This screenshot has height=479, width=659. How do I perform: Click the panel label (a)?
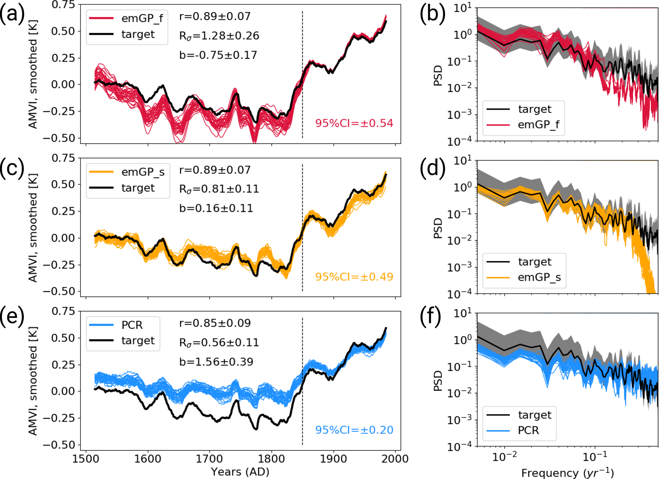tap(12, 15)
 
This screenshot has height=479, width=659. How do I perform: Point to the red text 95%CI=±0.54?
tap(354, 123)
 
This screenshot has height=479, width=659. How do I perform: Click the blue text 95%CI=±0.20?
tap(354, 430)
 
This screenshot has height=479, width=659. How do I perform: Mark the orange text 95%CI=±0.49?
tap(354, 277)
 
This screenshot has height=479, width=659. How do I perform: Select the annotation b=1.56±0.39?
tap(216, 362)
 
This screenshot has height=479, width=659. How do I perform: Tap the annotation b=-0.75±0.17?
tap(218, 55)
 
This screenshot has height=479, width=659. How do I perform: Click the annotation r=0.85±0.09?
tap(215, 323)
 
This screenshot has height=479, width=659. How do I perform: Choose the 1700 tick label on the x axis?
tap(209, 459)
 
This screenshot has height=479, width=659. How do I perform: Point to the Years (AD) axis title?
tap(240, 472)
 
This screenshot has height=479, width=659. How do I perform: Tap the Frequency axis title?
tap(567, 472)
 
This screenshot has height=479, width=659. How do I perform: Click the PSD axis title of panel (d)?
tap(438, 228)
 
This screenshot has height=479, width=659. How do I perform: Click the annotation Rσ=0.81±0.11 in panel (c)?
tap(219, 189)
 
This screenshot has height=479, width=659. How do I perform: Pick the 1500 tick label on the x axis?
tap(86, 459)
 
